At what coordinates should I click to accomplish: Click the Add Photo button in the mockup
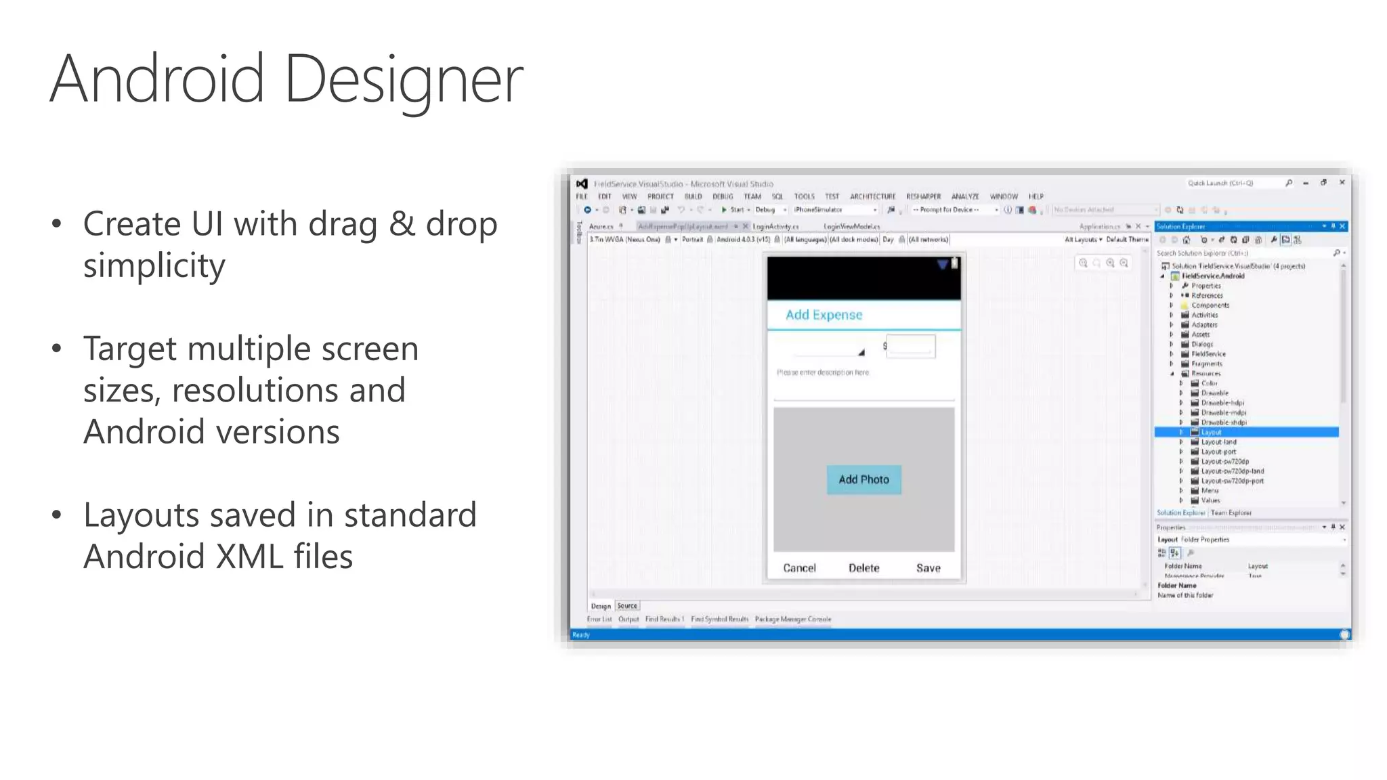coord(863,479)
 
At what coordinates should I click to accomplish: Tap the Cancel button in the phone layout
coord(799,568)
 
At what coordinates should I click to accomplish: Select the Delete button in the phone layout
coord(863,568)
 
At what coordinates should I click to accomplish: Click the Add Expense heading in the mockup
coord(824,315)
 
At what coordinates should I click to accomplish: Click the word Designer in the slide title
coord(404,80)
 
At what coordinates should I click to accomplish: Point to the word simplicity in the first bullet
coord(154,265)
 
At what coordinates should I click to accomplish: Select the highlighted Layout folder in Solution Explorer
coord(1211,432)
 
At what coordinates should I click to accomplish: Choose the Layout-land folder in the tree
coord(1218,442)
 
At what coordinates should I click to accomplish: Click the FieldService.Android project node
coord(1212,276)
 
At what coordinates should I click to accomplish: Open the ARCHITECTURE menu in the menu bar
coord(872,196)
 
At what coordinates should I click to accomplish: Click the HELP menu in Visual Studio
coord(1036,196)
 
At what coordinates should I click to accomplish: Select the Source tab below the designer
coord(627,606)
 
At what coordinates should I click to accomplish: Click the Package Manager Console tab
coord(792,619)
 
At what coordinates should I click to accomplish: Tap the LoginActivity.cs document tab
coord(775,227)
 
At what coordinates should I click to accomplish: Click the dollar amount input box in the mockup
coord(910,346)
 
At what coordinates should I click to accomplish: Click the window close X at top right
coord(1342,183)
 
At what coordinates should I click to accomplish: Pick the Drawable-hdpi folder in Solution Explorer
coord(1222,403)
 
